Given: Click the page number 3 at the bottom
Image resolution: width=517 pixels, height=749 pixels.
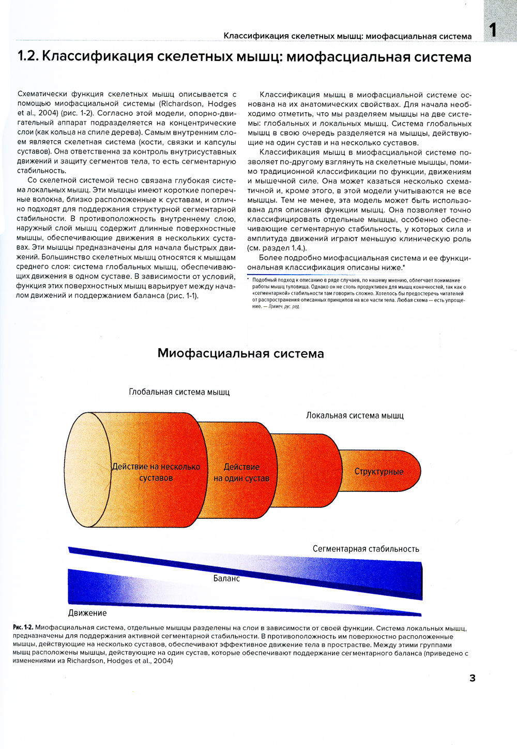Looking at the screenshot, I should click(x=472, y=678).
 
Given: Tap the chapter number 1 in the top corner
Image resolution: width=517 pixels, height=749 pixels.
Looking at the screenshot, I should click(x=493, y=29).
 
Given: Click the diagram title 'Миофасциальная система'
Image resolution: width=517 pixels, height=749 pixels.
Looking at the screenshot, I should click(x=240, y=354).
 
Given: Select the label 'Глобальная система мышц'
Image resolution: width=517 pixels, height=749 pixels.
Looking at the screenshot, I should click(x=179, y=392).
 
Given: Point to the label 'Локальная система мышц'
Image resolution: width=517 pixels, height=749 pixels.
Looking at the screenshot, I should click(x=355, y=415).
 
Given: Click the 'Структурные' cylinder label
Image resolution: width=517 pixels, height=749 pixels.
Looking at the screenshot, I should click(x=379, y=471).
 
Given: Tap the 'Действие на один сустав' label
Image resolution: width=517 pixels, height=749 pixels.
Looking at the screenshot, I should click(x=241, y=473).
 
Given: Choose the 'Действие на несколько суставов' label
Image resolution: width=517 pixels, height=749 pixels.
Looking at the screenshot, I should click(x=156, y=472).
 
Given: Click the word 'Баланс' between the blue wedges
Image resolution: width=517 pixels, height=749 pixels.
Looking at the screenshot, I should click(x=226, y=578).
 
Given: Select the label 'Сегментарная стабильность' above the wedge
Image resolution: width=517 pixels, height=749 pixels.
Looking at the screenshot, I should click(x=366, y=549).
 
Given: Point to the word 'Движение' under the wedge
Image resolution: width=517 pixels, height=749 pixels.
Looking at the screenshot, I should click(x=87, y=613).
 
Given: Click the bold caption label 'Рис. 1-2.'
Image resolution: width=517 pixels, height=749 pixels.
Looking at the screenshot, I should click(x=23, y=628).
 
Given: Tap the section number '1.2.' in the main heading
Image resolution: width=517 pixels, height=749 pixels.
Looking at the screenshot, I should click(x=28, y=56).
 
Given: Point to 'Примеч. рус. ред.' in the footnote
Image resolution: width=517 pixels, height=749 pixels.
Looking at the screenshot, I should click(x=284, y=307).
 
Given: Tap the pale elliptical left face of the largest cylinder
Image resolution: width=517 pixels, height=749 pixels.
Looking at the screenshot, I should click(x=88, y=470).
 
